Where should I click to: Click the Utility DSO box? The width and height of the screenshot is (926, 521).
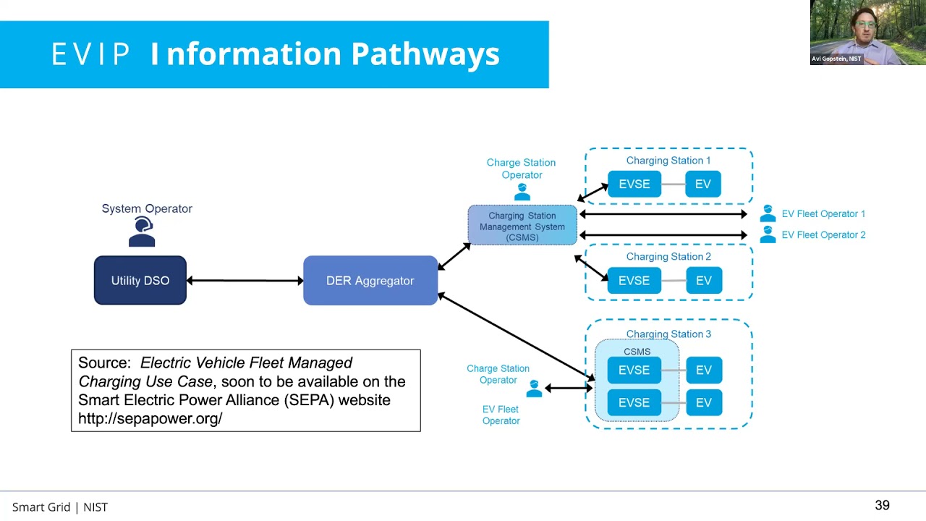(x=140, y=280)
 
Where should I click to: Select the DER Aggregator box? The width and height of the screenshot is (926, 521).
(x=370, y=280)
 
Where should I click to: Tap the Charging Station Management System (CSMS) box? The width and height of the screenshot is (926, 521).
(x=522, y=226)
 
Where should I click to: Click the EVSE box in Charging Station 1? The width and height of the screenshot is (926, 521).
(x=634, y=184)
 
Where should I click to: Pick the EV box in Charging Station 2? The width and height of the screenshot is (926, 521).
(x=703, y=280)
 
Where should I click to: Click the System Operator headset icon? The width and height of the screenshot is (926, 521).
(x=142, y=232)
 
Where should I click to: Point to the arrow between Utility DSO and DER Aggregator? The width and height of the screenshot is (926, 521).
(x=245, y=281)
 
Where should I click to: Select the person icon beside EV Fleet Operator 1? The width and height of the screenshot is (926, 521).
(x=768, y=213)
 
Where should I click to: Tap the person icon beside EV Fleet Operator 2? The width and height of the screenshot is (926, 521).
(x=768, y=234)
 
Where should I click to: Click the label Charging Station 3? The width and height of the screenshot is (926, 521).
(x=668, y=334)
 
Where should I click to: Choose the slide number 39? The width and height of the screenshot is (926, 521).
(x=882, y=506)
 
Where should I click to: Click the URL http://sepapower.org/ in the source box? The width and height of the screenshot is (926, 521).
(x=150, y=418)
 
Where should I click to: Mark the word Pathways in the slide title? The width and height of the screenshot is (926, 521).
(x=425, y=54)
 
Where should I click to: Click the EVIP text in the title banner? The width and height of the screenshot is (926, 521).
(x=90, y=54)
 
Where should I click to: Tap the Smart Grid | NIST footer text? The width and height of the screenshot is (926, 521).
(x=60, y=507)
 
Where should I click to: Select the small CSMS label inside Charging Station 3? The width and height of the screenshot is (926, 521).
(x=637, y=352)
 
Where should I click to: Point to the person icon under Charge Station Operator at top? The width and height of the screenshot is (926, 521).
(x=522, y=192)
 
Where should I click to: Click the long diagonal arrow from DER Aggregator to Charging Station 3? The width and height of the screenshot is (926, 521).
(x=515, y=336)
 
